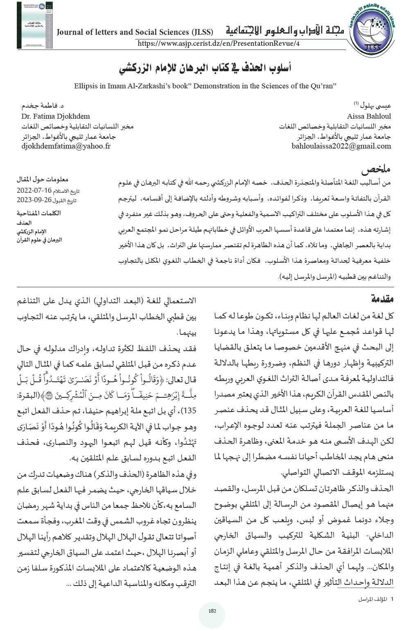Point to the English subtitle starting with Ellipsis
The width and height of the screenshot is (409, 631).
[205, 86]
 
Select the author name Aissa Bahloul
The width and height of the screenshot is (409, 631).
[369, 116]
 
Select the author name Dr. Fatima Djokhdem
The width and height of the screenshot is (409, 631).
[56, 116]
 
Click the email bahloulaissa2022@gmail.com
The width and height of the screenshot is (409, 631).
[341, 146]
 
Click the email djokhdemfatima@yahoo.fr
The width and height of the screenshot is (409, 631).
[66, 146]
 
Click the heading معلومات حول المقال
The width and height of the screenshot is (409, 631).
[43, 179]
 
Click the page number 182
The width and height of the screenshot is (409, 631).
[212, 611]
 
